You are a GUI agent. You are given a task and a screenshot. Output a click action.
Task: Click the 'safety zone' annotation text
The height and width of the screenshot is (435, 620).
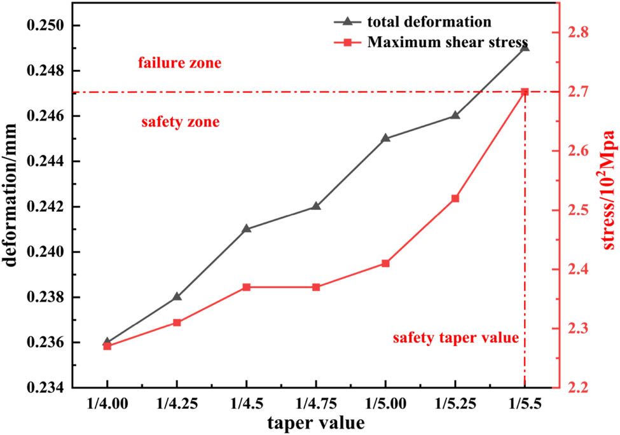point(180,121)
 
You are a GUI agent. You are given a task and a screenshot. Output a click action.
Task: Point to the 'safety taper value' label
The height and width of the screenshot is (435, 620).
point(455,338)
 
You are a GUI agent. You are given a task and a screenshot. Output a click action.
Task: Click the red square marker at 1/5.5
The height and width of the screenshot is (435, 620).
point(525,92)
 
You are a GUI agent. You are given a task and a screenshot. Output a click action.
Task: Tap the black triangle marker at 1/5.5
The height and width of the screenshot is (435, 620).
point(525,47)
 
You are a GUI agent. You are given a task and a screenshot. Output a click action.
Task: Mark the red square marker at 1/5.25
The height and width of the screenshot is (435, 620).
point(455,198)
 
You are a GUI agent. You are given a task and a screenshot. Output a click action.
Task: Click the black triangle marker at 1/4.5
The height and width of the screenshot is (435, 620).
point(246,228)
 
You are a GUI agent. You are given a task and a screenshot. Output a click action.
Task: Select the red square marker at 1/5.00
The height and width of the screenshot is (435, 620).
point(385,263)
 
